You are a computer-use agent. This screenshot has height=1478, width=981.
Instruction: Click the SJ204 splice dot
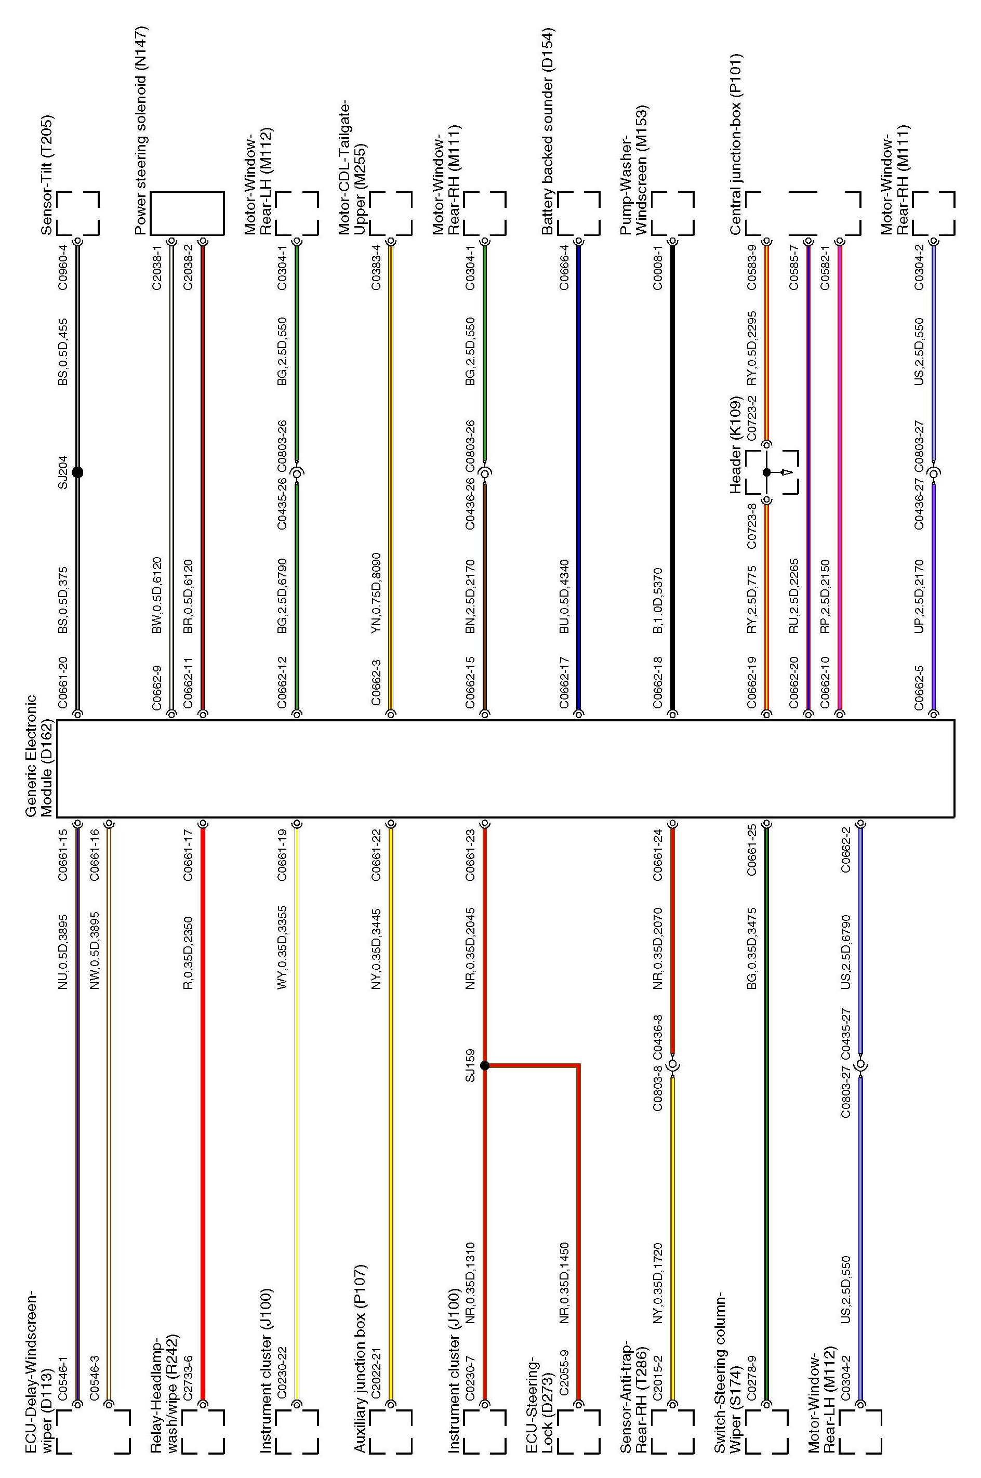pos(77,472)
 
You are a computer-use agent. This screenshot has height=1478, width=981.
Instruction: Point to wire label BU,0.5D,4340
pos(564,596)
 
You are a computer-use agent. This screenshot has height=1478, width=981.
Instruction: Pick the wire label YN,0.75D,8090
pos(376,593)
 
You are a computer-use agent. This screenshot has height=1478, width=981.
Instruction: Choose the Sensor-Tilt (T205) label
pos(46,175)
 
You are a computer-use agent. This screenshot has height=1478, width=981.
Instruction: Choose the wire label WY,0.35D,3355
pos(282,947)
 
